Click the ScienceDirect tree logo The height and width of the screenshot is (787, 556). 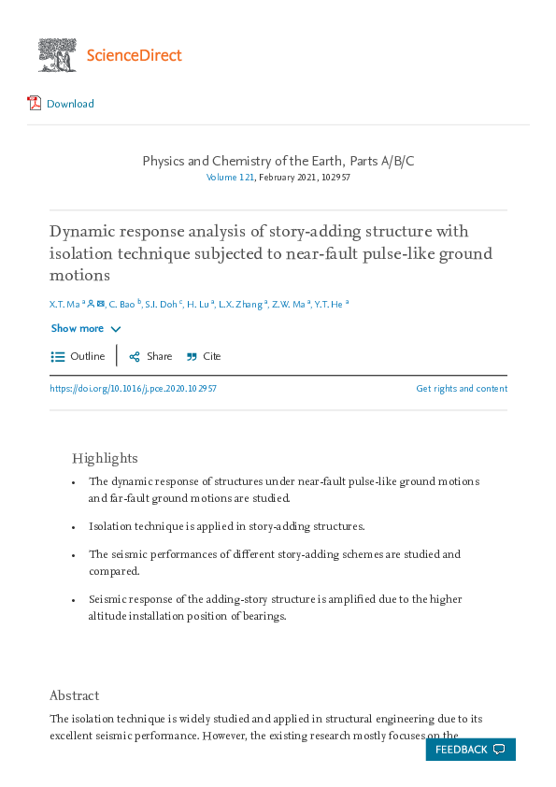coord(57,55)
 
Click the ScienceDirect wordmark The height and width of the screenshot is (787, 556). coord(134,55)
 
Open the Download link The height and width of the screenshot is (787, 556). coord(70,104)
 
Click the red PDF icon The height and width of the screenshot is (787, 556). coord(35,103)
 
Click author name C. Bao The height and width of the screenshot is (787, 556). coord(121,304)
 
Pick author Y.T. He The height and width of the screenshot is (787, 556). coord(329,304)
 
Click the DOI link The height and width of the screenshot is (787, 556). coord(133,389)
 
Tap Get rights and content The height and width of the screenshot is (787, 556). coord(462,389)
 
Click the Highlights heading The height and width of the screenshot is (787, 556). coord(105,458)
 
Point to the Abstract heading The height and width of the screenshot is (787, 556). coord(74,695)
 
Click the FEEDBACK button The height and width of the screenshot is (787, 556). coord(470,750)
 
